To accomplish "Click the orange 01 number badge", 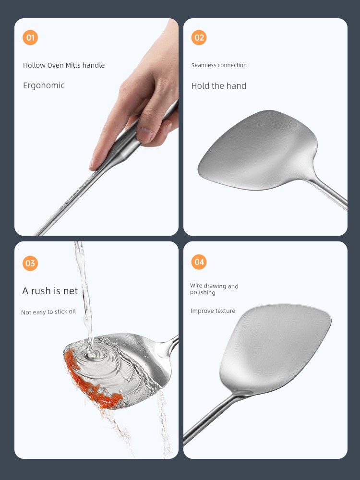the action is tap(30, 37).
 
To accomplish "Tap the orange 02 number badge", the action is tap(199, 37).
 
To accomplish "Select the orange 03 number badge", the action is tap(30, 263).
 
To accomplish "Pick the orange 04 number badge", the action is tap(199, 262).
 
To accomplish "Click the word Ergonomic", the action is tap(44, 86).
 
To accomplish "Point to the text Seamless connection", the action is tap(219, 65).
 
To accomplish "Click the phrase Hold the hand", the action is tap(218, 86).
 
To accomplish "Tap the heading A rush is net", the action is tap(50, 291).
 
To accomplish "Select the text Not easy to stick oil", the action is tap(48, 312).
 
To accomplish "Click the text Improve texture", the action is tap(213, 311).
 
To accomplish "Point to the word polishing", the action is tap(203, 293).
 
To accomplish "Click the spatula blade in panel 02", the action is tap(257, 150).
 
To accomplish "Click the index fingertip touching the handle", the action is tap(94, 165).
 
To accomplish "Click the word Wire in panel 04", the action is tap(196, 286).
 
